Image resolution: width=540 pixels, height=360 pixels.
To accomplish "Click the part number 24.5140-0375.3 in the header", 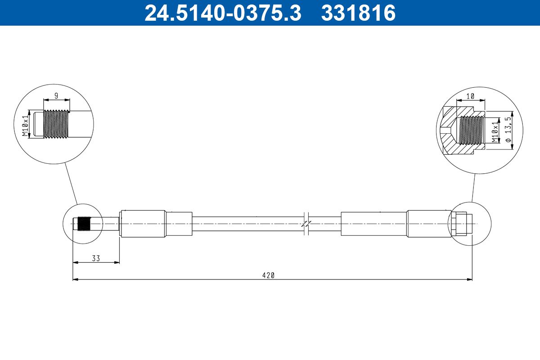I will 222,13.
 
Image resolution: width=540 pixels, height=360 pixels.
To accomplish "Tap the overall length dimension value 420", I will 268,275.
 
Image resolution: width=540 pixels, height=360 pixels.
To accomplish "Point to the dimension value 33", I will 96,258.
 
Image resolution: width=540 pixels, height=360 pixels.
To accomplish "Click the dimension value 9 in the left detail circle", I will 56,95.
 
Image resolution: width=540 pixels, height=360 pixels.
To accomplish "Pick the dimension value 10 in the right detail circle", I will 470,96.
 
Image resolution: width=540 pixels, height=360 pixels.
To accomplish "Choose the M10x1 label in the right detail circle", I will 495,131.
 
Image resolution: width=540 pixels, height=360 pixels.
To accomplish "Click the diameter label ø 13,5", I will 508,130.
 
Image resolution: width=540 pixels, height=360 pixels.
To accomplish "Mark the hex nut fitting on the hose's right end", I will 458,224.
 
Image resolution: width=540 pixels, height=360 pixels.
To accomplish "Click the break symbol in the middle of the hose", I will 306,224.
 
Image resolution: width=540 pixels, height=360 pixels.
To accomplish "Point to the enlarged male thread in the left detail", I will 56,124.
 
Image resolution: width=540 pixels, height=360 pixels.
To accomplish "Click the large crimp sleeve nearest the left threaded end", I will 143,224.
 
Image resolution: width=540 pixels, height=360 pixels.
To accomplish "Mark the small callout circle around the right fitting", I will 469,224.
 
